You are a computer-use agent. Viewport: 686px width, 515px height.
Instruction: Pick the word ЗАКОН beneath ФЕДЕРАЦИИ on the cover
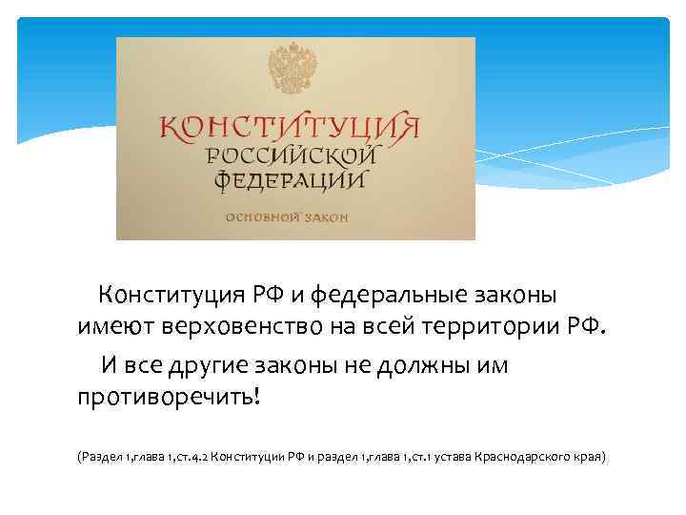(325, 216)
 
